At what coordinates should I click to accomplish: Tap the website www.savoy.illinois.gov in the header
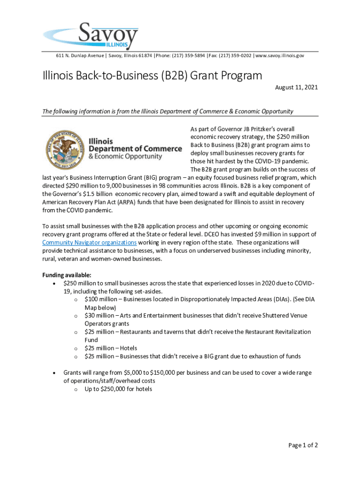pos(280,56)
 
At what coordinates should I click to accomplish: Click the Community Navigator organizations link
pos(89,242)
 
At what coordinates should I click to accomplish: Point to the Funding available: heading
pos(67,275)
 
